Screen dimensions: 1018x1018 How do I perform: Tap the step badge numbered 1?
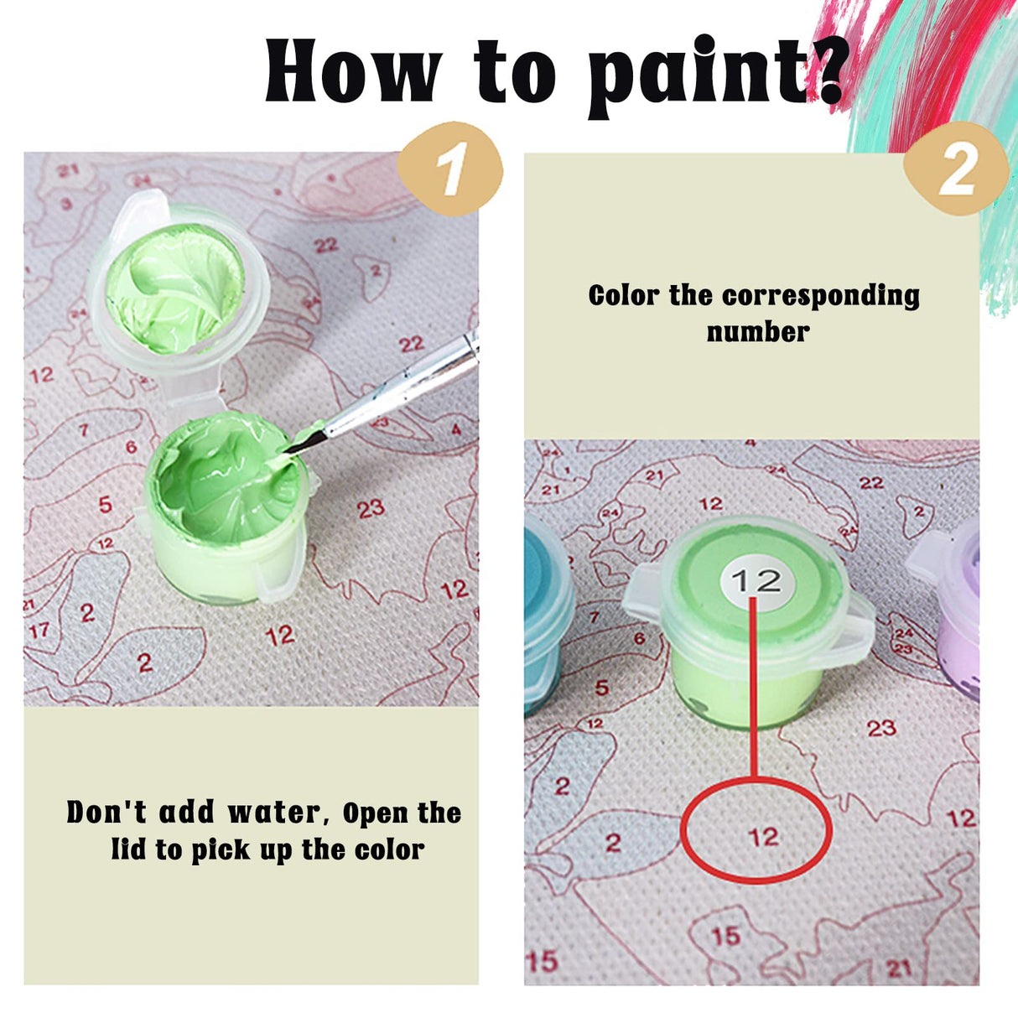coord(449,169)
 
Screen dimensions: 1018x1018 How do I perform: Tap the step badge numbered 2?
coord(956,169)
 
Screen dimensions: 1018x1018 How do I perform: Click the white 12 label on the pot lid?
coord(757,580)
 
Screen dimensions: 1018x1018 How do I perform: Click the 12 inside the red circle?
coord(764,837)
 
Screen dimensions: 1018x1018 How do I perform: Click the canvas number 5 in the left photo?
coord(106,505)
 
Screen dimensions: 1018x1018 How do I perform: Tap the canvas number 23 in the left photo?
coord(371,510)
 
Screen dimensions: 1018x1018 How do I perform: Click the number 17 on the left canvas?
coord(38,631)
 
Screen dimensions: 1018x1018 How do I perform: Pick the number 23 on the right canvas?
coord(881,729)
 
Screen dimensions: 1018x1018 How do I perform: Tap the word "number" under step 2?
coord(758,334)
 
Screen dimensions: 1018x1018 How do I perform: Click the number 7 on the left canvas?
coord(84,430)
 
